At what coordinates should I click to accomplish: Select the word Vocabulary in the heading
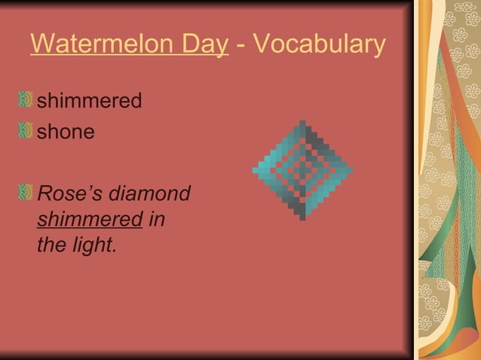pyautogui.click(x=320, y=45)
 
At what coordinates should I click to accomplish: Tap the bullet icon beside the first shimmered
pyautogui.click(x=26, y=100)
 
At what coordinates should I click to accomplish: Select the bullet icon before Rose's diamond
pyautogui.click(x=26, y=194)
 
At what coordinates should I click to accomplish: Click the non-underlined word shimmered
pyautogui.click(x=90, y=101)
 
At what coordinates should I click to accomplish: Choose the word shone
pyautogui.click(x=66, y=133)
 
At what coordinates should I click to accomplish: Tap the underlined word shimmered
pyautogui.click(x=90, y=220)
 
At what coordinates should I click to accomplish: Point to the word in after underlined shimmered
pyautogui.click(x=158, y=220)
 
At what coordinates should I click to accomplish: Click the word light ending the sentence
pyautogui.click(x=96, y=246)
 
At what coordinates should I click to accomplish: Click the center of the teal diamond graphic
pyautogui.click(x=302, y=170)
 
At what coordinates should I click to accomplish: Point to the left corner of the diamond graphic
pyautogui.click(x=254, y=170)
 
